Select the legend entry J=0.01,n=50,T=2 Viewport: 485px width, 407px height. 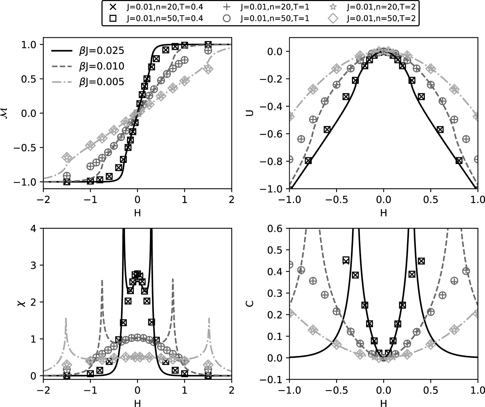pos(381,18)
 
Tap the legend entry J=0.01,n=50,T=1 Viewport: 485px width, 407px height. pos(274,18)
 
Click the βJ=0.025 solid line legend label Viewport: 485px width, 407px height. pos(101,50)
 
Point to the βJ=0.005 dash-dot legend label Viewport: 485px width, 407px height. pos(101,82)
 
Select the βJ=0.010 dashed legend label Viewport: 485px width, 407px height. pos(101,66)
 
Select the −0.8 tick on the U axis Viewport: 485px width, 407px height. pos(273,161)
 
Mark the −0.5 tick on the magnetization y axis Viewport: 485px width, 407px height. pos(27,147)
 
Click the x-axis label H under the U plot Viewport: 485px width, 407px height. pos(383,213)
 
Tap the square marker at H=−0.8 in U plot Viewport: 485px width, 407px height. pos(308,161)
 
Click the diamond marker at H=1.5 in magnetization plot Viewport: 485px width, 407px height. pos(208,69)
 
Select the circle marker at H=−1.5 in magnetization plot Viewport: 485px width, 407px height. pos(67,175)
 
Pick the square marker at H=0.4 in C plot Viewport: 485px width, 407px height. pos(421,261)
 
